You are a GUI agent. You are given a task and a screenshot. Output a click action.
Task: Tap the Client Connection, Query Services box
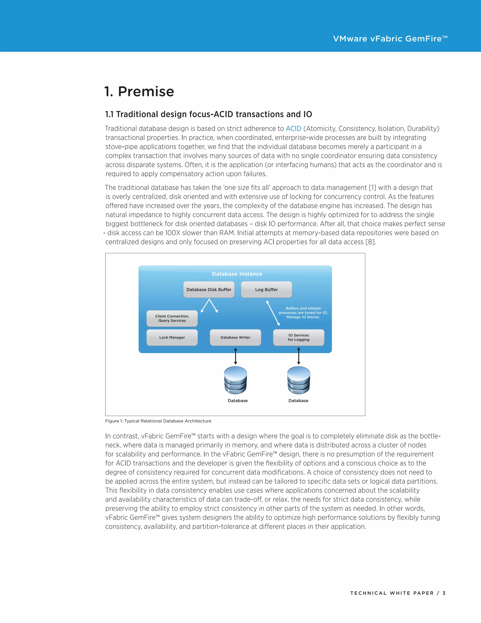[172, 318]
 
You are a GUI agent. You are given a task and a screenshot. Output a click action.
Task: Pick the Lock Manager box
[172, 337]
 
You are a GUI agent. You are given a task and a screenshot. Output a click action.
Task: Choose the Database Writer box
[235, 337]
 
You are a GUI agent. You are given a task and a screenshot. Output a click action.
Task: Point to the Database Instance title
[237, 274]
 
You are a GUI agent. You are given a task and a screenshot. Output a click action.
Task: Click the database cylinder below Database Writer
[235, 380]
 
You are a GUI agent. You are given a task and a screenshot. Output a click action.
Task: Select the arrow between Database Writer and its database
[235, 356]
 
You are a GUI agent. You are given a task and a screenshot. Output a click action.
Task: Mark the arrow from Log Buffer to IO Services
[273, 313]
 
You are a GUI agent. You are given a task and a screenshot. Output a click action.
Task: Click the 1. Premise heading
[139, 91]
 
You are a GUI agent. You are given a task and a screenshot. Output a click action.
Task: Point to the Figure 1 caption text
[158, 421]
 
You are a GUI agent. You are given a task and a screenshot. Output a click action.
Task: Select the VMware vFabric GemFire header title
[390, 39]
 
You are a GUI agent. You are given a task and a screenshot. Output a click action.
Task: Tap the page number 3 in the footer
[444, 593]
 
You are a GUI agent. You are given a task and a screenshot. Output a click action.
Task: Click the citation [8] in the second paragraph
[370, 242]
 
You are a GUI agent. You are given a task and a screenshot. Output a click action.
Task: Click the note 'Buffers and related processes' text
[303, 313]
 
